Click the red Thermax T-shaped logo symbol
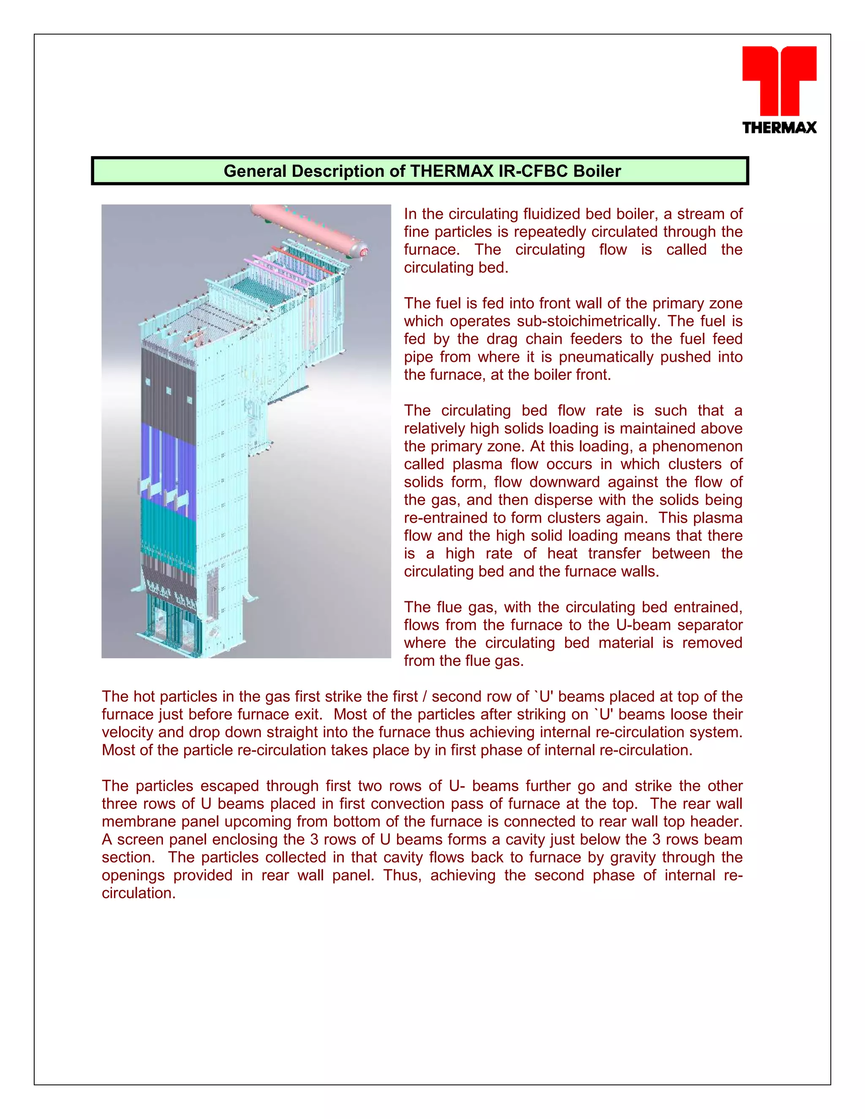[779, 79]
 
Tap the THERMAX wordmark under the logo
[779, 128]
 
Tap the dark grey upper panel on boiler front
[169, 389]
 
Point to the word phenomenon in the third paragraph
[697, 446]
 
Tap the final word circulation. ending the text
[139, 893]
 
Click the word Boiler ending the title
[596, 171]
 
